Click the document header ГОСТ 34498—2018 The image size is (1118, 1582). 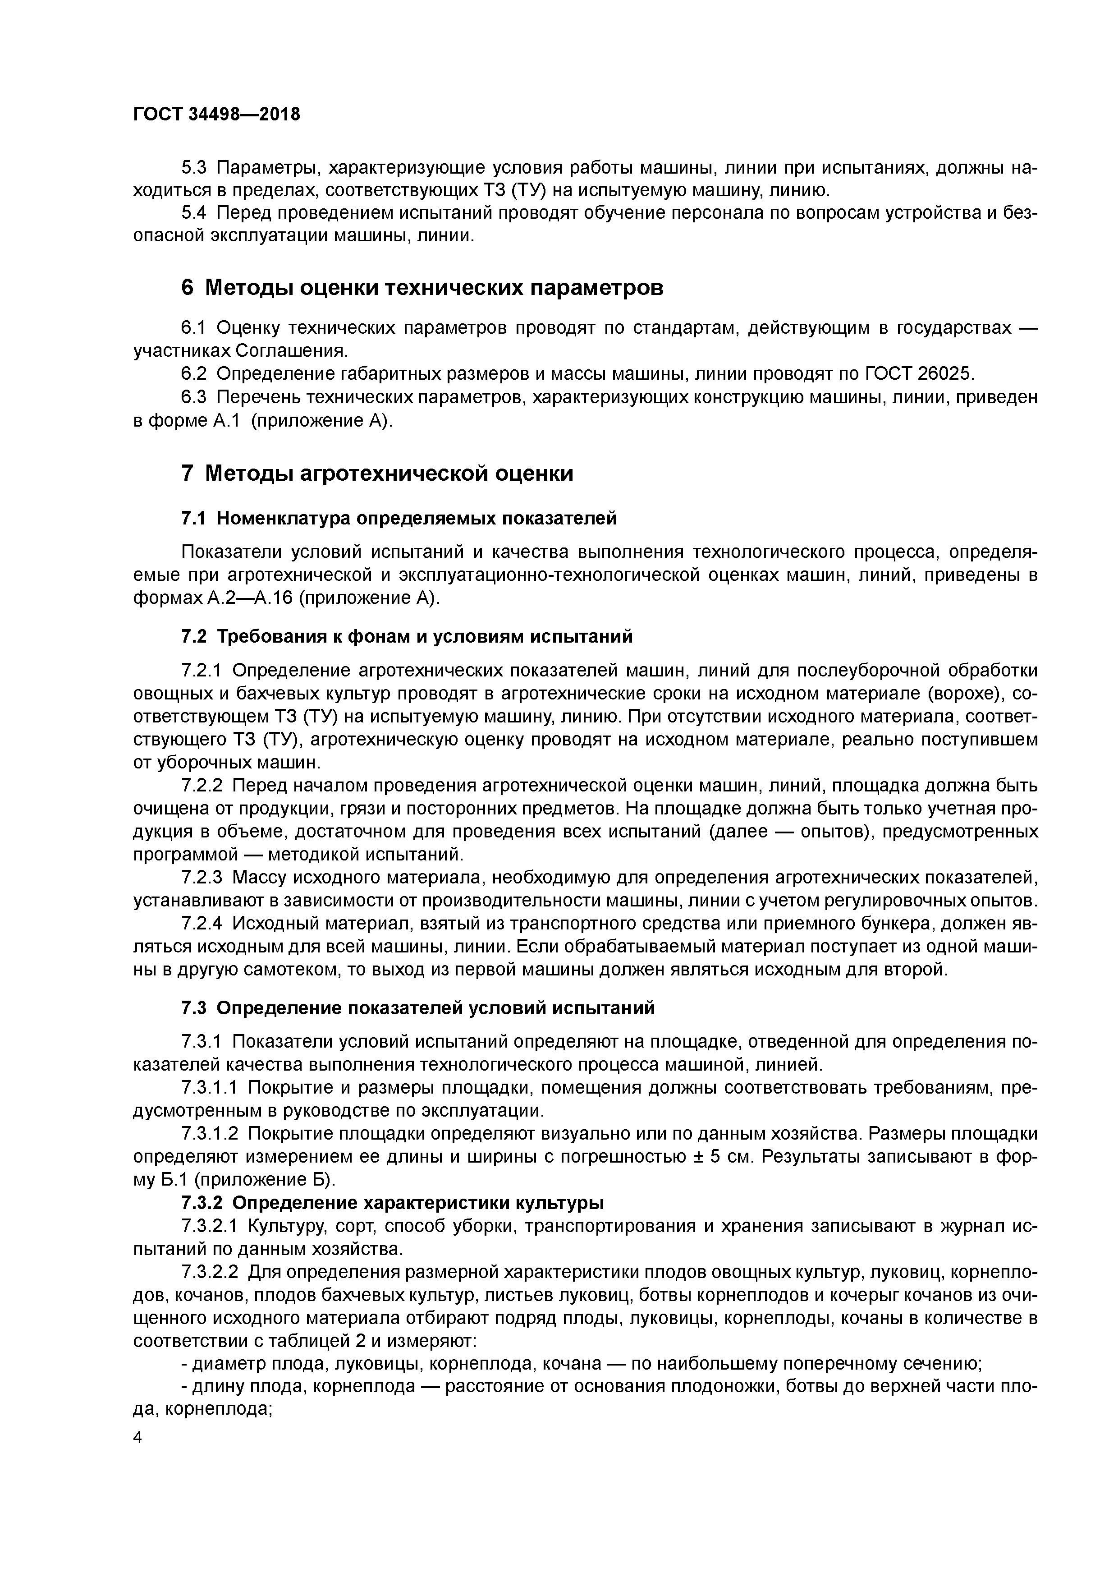point(216,115)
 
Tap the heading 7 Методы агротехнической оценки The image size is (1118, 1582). point(377,474)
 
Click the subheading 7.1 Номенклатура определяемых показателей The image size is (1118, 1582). point(399,518)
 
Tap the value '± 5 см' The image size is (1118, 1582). point(723,1156)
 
